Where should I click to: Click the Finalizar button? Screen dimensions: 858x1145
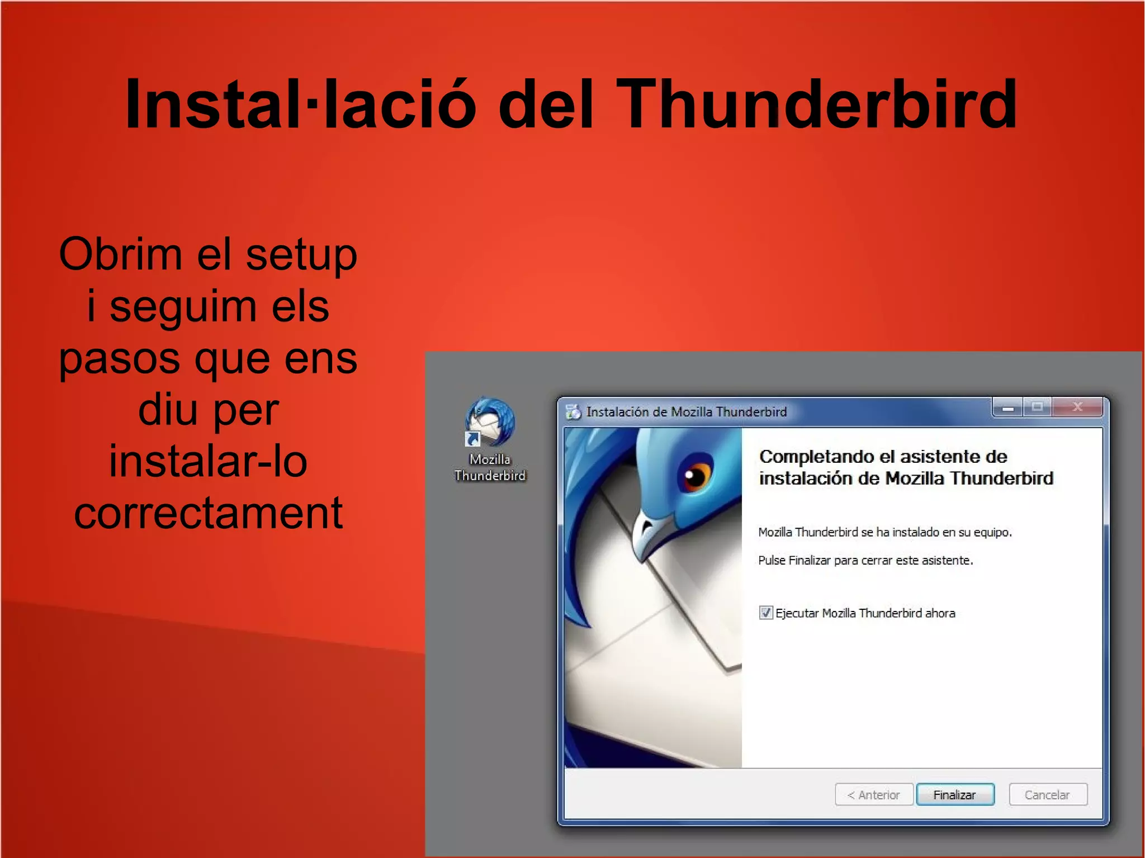pos(955,794)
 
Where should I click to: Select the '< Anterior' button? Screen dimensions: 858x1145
pos(874,794)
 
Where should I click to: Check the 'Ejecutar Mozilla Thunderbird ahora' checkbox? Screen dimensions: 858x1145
pos(765,613)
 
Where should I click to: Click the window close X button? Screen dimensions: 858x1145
pos(1077,407)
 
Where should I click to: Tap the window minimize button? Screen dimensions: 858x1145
pos(1007,408)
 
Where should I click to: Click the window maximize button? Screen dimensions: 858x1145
pos(1037,407)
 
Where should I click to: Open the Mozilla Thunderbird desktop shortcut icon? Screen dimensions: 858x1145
pos(489,422)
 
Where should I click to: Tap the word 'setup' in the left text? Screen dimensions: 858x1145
pos(301,255)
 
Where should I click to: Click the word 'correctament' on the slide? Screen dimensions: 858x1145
pos(208,513)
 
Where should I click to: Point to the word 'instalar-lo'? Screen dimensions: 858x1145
pos(208,461)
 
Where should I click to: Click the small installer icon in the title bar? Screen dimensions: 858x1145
pos(573,412)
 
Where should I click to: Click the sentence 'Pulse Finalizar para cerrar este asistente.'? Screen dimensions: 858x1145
pos(865,560)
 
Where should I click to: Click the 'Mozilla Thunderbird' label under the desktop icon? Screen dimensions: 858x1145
pos(490,467)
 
